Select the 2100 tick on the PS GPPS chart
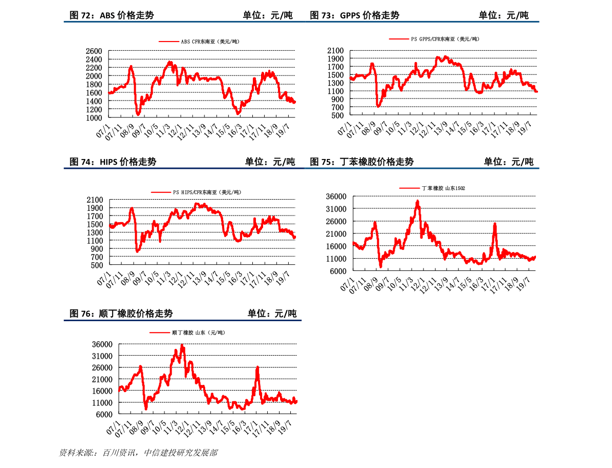[335, 51]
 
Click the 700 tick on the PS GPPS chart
[337, 107]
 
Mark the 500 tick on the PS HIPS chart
[97, 265]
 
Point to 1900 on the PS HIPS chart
[95, 208]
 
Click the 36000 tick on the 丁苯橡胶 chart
[336, 197]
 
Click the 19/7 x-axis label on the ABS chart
[284, 129]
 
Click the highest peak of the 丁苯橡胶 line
[418, 201]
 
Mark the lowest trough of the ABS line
[138, 114]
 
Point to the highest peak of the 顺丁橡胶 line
[182, 345]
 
